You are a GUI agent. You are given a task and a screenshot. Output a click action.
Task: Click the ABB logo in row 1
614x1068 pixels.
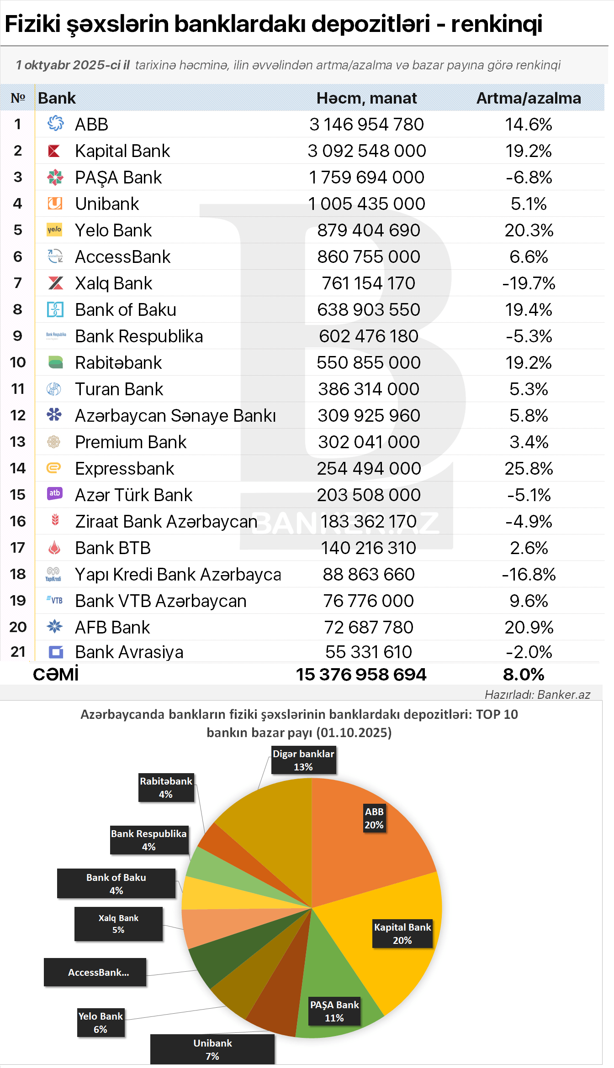click(55, 123)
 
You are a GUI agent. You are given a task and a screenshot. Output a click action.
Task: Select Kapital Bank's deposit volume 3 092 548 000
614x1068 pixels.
click(366, 151)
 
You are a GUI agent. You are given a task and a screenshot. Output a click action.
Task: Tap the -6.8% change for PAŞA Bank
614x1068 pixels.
click(529, 178)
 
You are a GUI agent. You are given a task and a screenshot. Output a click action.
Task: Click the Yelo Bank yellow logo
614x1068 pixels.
click(54, 230)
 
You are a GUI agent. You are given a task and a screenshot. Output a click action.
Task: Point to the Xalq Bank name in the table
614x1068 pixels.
click(113, 283)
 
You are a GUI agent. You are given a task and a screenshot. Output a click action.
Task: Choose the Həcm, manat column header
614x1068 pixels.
click(366, 98)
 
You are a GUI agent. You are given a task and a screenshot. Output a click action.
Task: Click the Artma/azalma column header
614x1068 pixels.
click(529, 98)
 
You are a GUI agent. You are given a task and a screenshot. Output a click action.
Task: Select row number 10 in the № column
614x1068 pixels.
click(18, 363)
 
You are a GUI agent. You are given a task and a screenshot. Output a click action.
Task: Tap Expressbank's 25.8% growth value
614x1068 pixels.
click(529, 469)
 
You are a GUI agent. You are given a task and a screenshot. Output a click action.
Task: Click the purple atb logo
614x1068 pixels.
click(55, 493)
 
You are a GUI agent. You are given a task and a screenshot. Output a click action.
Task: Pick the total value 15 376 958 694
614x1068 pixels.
click(361, 675)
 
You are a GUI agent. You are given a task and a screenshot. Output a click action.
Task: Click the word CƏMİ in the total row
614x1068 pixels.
click(56, 675)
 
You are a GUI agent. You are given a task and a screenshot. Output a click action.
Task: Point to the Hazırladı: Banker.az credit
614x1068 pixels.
click(537, 695)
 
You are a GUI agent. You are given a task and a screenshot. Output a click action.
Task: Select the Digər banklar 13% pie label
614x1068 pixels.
click(303, 760)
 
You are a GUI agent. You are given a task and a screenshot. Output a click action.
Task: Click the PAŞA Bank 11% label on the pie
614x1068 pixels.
click(334, 1011)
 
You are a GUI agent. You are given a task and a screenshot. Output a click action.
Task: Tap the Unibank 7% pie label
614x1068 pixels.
click(212, 1050)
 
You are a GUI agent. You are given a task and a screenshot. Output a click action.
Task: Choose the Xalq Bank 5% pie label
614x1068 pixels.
click(118, 924)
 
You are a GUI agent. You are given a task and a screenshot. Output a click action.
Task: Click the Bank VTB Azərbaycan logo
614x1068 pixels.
click(54, 600)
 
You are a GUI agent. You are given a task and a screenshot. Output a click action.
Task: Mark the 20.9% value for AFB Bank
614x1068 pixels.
click(529, 628)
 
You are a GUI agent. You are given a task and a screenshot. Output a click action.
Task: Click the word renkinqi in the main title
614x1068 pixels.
click(497, 25)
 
